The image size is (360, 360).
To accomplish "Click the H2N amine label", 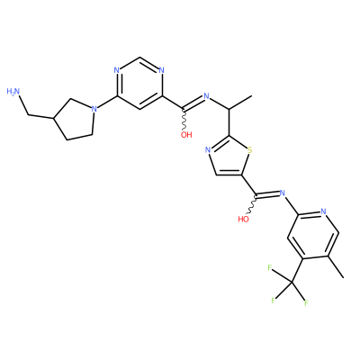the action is click(13, 92).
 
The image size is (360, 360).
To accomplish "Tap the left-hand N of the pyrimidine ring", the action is click(117, 71).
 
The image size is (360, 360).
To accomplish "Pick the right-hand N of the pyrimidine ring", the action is click(162, 71).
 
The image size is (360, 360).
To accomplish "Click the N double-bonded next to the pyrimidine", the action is click(206, 96).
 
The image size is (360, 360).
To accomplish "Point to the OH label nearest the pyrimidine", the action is click(186, 135).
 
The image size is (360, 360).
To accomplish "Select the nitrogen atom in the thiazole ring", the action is click(208, 149).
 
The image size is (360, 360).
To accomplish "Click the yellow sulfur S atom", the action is click(250, 149).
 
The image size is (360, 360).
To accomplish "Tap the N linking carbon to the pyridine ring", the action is click(282, 193).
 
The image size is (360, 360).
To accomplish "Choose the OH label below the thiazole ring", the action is click(243, 219).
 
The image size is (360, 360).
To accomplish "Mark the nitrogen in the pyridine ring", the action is click(323, 211).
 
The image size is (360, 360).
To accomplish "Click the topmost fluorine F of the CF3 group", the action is click(270, 267).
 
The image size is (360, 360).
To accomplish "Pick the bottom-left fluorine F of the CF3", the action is click(273, 301).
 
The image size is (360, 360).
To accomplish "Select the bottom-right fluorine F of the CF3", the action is click(306, 303).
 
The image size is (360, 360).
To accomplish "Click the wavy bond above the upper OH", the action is click(184, 120).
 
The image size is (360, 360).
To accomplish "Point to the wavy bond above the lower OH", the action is click(253, 205).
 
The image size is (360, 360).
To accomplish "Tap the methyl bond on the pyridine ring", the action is click(335, 267).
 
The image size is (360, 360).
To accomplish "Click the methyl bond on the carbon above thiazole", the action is click(240, 103).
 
